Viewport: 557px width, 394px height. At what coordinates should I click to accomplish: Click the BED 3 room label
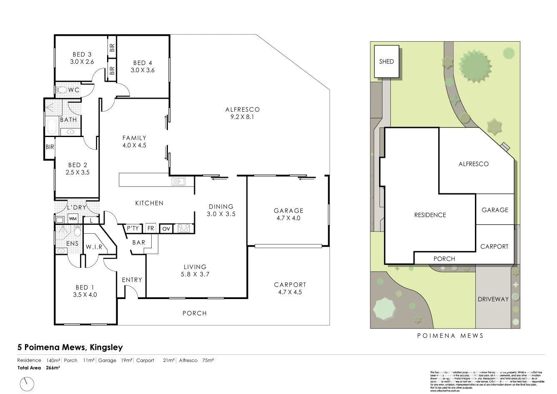[x=82, y=55]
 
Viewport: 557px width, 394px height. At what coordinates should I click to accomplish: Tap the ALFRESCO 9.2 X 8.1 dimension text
[x=242, y=117]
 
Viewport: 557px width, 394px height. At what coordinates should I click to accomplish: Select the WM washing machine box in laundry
[x=73, y=219]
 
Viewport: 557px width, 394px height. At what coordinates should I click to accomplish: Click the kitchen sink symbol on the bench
[x=178, y=182]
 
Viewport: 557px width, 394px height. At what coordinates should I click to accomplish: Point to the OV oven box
[x=166, y=229]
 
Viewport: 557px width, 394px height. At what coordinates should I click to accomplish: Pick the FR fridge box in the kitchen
[x=150, y=228]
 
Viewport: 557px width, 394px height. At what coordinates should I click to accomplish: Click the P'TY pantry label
[x=132, y=228]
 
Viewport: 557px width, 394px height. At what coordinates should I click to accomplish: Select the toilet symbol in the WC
[x=62, y=90]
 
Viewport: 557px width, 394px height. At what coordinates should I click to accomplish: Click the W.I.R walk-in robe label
[x=94, y=247]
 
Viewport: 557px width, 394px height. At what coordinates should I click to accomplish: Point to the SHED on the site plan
[x=386, y=62]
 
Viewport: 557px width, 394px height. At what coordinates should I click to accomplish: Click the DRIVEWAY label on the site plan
[x=493, y=299]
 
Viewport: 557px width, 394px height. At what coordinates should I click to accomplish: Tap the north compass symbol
[x=27, y=383]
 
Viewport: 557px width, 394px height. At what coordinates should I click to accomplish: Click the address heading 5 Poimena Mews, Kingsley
[x=70, y=347]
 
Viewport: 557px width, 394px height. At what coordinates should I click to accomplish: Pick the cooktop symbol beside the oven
[x=184, y=228]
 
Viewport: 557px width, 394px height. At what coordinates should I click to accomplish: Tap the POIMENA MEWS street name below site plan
[x=450, y=335]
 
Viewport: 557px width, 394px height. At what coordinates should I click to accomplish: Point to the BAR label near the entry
[x=139, y=242]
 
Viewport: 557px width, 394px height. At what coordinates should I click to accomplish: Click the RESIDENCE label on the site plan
[x=430, y=215]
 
